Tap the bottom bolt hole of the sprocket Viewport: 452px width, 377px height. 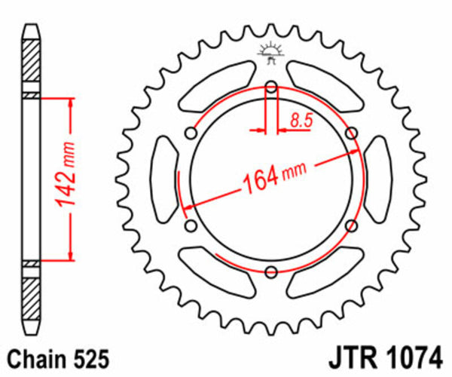pos(271,272)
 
